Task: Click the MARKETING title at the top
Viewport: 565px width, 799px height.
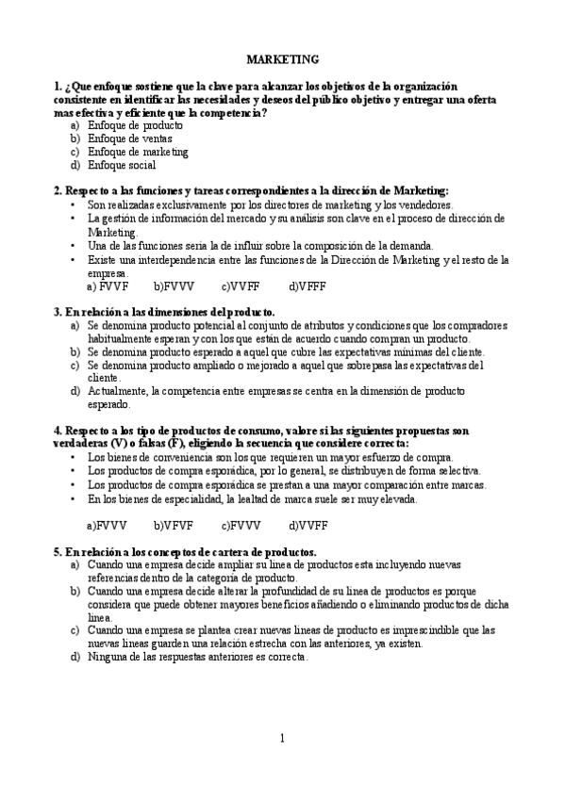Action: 282,58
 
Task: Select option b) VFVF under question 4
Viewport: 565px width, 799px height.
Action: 174,525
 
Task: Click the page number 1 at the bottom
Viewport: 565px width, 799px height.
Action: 282,738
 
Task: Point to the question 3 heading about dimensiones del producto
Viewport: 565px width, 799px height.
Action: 165,311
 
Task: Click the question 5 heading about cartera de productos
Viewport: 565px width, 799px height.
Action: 185,550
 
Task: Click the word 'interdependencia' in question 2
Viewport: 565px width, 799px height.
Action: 161,259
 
